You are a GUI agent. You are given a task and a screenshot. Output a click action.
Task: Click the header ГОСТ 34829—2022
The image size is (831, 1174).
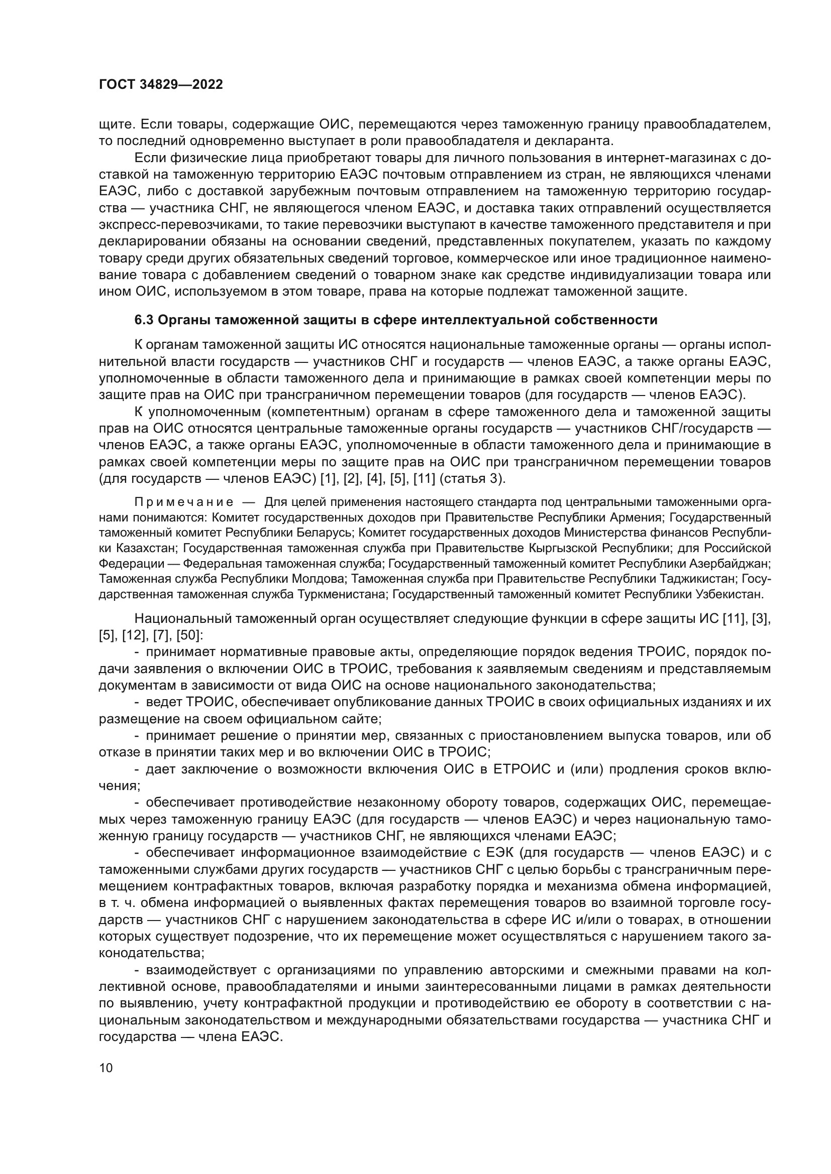click(x=161, y=85)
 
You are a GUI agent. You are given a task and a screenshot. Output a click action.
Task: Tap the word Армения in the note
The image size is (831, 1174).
click(x=637, y=517)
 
